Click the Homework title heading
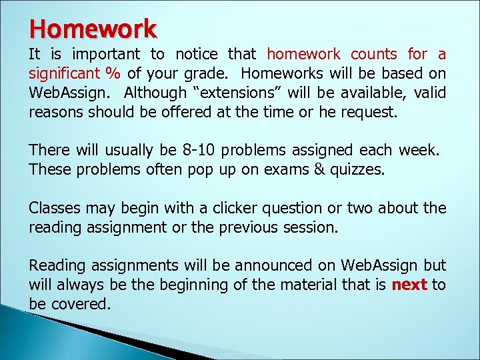click(x=93, y=28)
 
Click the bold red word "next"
click(x=409, y=285)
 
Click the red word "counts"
click(x=374, y=54)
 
